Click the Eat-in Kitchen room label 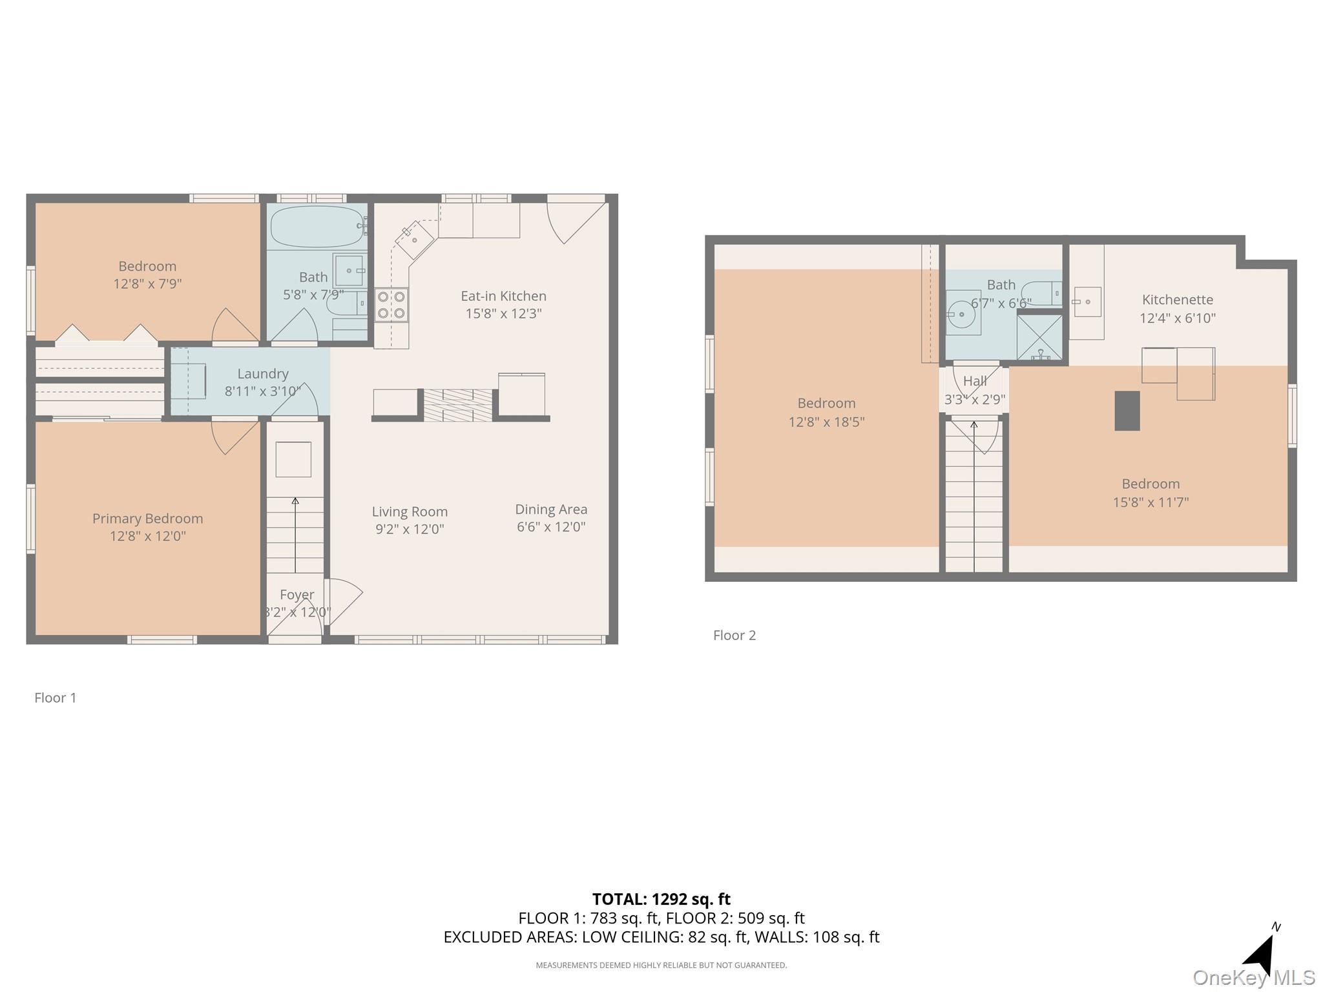[503, 296]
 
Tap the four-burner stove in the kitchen [391, 305]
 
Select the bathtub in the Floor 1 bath [317, 226]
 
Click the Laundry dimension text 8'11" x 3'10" [262, 391]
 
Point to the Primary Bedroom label [147, 519]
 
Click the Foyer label [297, 595]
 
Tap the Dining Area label [551, 510]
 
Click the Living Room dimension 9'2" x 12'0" [409, 530]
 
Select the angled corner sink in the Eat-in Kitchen [414, 238]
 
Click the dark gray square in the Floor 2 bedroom [1127, 411]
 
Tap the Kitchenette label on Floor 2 [1177, 300]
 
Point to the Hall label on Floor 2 [975, 381]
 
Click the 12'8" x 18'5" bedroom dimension [826, 422]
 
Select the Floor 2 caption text [734, 635]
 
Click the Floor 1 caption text [56, 698]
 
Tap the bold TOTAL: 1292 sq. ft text [661, 899]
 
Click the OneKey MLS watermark [1253, 978]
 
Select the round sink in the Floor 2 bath [962, 315]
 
